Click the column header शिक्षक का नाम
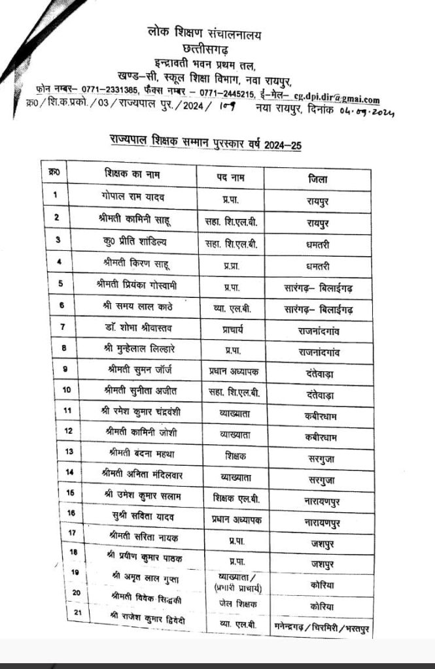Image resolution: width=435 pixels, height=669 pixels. [x=131, y=174]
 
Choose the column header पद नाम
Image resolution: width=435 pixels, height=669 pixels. [x=230, y=176]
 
